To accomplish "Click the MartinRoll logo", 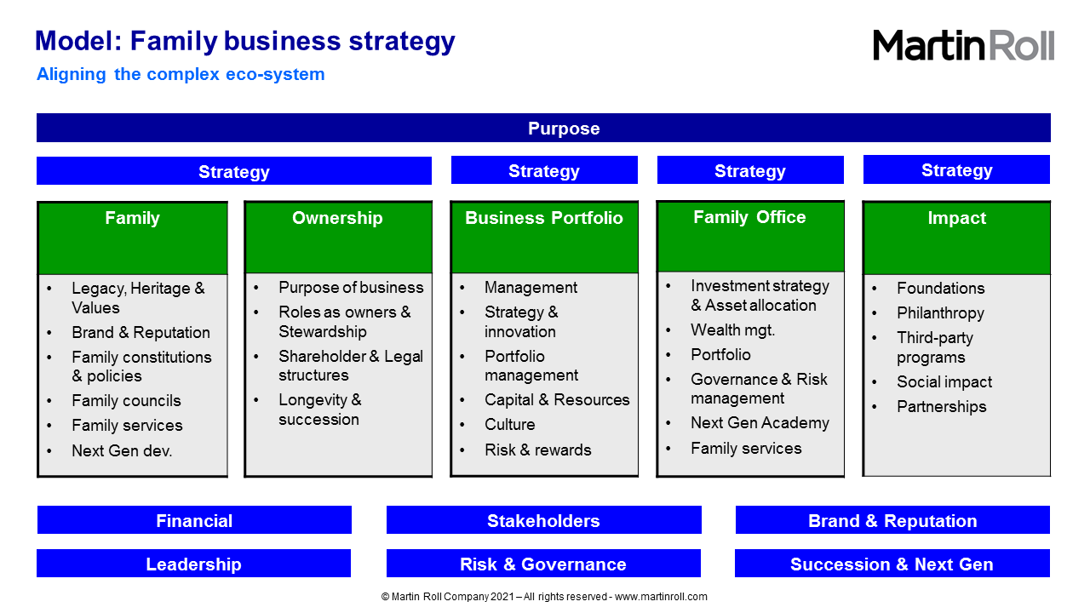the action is pyautogui.click(x=963, y=45).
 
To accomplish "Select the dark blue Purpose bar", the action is pyautogui.click(x=543, y=128).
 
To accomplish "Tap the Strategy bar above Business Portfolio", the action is pyautogui.click(x=544, y=169).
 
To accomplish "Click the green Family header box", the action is pyautogui.click(x=132, y=238).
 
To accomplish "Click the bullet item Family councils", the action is pyautogui.click(x=126, y=400).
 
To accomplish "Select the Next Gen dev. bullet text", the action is pyautogui.click(x=122, y=450).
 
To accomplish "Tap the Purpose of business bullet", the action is pyautogui.click(x=351, y=287).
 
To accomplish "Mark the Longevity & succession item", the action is pyautogui.click(x=319, y=410).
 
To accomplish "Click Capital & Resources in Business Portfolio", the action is pyautogui.click(x=557, y=399).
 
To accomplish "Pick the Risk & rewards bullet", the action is pyautogui.click(x=537, y=450).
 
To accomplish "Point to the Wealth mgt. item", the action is pyautogui.click(x=732, y=329).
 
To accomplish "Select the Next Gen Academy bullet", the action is pyautogui.click(x=760, y=422).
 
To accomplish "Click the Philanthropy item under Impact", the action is pyautogui.click(x=940, y=312).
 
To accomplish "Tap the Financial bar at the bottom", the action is pyautogui.click(x=194, y=520).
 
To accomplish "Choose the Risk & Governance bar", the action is pyautogui.click(x=543, y=564).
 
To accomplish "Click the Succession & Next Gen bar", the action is pyautogui.click(x=892, y=564).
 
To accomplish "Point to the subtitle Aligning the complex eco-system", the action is pyautogui.click(x=181, y=74).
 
